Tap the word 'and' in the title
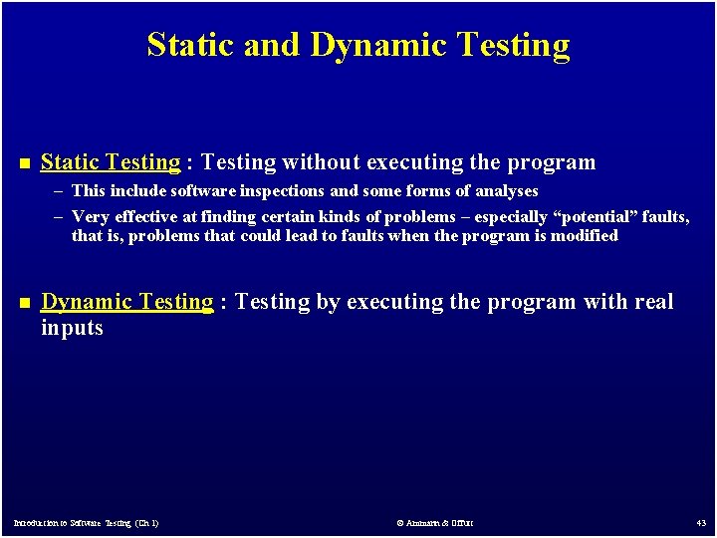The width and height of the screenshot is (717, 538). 274,46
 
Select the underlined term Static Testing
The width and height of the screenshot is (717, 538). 111,162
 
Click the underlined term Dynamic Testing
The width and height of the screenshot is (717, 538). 126,302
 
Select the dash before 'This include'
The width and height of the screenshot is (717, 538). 61,190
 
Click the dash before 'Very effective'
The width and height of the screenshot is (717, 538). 61,216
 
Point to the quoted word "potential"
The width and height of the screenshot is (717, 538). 595,216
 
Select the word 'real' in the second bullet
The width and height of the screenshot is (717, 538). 654,302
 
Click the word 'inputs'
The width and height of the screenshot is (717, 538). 72,328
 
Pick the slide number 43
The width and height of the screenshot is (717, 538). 701,523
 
